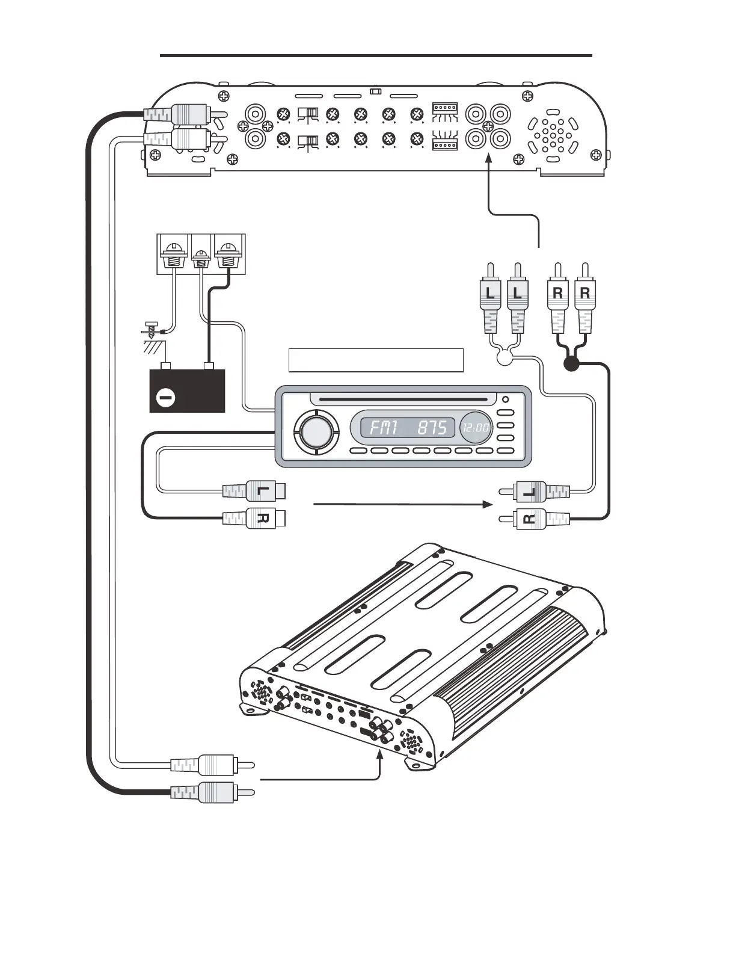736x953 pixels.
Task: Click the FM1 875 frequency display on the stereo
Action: point(408,428)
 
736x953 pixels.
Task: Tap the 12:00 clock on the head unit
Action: point(476,428)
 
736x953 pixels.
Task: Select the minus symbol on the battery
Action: point(165,397)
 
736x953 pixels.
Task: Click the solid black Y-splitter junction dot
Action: point(571,363)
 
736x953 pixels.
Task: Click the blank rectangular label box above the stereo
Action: point(376,360)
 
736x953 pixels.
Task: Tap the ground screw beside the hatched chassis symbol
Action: point(152,328)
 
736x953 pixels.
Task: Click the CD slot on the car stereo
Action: point(403,399)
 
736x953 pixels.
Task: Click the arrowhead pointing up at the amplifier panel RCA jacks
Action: point(489,159)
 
